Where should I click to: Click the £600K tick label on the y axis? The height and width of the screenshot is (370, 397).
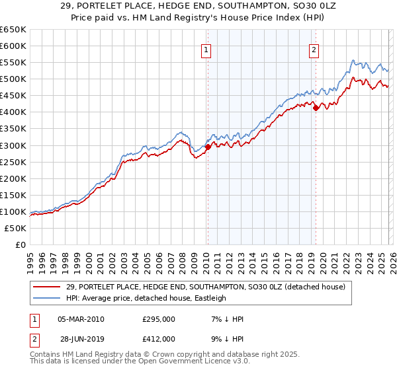pos(13,46)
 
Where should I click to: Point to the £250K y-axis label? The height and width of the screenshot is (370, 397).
pos(13,162)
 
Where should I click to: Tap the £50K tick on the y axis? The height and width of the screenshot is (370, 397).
pos(16,228)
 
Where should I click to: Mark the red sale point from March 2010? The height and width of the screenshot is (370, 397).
pos(207,147)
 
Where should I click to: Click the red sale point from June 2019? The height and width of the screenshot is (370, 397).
pos(316,108)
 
